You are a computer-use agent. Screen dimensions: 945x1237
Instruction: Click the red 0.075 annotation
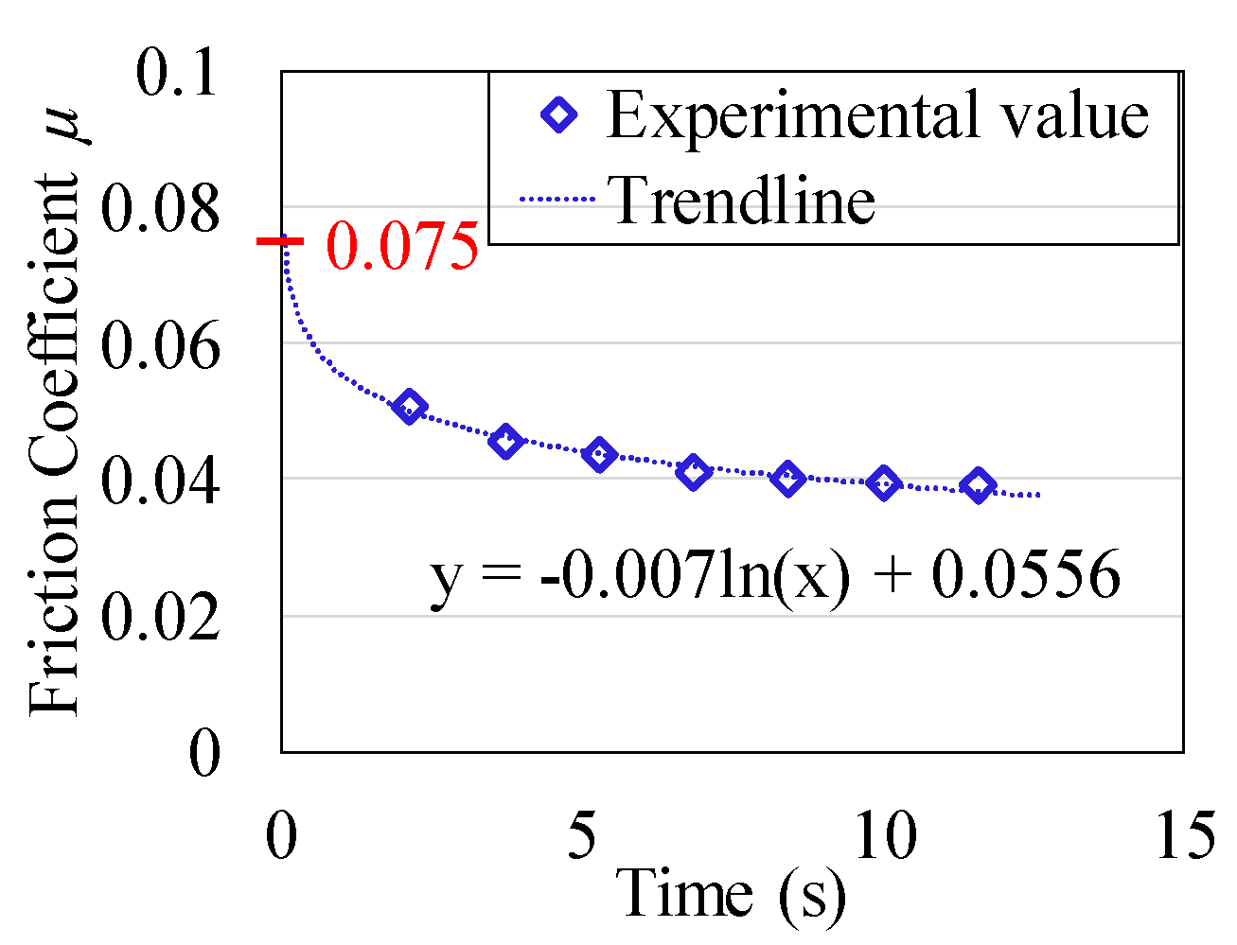click(402, 247)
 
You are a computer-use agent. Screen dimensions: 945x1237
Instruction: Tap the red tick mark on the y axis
click(281, 241)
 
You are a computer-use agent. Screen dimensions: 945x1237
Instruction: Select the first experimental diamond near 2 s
click(409, 407)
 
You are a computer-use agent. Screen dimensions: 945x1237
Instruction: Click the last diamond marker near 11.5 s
click(978, 485)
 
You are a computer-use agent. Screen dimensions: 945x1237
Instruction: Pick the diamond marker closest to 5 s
click(598, 455)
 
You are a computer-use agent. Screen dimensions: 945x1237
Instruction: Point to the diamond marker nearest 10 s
click(883, 483)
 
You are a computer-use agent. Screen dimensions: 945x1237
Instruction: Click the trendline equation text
click(775, 576)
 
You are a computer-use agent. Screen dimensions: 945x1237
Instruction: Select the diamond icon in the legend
click(558, 115)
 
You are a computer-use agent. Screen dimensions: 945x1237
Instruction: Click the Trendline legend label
click(744, 200)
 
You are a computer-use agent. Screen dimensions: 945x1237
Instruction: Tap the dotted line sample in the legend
click(556, 200)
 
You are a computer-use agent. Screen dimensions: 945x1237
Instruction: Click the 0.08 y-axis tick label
click(159, 210)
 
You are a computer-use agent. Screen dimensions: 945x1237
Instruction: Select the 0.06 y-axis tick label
click(159, 345)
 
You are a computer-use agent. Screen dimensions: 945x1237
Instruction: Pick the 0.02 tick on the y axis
click(159, 618)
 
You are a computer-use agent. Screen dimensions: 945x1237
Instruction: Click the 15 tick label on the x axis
click(1184, 836)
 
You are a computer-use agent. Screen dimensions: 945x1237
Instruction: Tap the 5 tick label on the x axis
click(583, 836)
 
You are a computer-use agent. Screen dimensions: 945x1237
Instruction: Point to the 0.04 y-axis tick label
click(159, 481)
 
